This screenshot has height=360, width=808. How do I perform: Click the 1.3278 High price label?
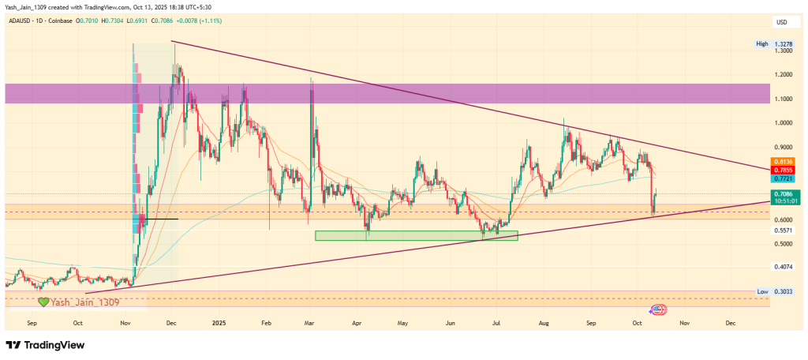pos(784,44)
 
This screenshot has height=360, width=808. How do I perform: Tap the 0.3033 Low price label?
pos(784,291)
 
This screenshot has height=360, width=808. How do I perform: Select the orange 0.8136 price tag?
pos(784,163)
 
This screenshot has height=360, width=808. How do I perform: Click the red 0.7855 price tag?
pos(784,171)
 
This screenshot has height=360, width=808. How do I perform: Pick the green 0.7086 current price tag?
pos(784,194)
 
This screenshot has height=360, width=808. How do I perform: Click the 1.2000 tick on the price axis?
pos(784,75)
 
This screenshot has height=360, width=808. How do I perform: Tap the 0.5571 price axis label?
pos(784,230)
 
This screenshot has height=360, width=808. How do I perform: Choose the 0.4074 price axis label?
pos(784,267)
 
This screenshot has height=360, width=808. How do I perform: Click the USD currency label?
pos(783,21)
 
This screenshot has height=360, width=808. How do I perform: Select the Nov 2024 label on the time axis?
pos(125,323)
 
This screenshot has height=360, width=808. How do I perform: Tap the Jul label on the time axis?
pos(497,323)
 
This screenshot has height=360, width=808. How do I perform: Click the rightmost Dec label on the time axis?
pos(730,323)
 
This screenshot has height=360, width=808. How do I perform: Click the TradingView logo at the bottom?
pos(45,345)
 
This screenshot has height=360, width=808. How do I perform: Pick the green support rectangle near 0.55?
pos(416,235)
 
